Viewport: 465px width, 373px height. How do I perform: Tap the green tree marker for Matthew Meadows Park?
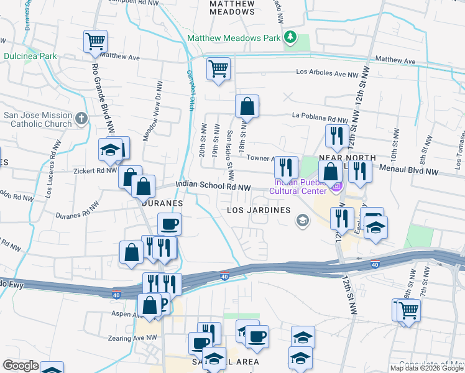pyautogui.click(x=290, y=38)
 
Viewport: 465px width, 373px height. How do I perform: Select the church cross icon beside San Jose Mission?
pyautogui.click(x=81, y=118)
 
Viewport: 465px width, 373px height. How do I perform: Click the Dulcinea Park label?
pyautogui.click(x=30, y=56)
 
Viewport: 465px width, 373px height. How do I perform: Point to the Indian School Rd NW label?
pyautogui.click(x=213, y=186)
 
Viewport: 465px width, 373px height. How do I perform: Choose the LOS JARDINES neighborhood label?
pyautogui.click(x=259, y=210)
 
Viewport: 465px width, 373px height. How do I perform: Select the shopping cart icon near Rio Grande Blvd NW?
pyautogui.click(x=96, y=42)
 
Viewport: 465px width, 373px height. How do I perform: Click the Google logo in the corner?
pyautogui.click(x=21, y=366)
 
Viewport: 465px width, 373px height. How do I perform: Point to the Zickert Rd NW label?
pyautogui.click(x=94, y=170)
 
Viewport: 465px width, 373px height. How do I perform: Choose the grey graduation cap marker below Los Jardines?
pyautogui.click(x=303, y=220)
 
